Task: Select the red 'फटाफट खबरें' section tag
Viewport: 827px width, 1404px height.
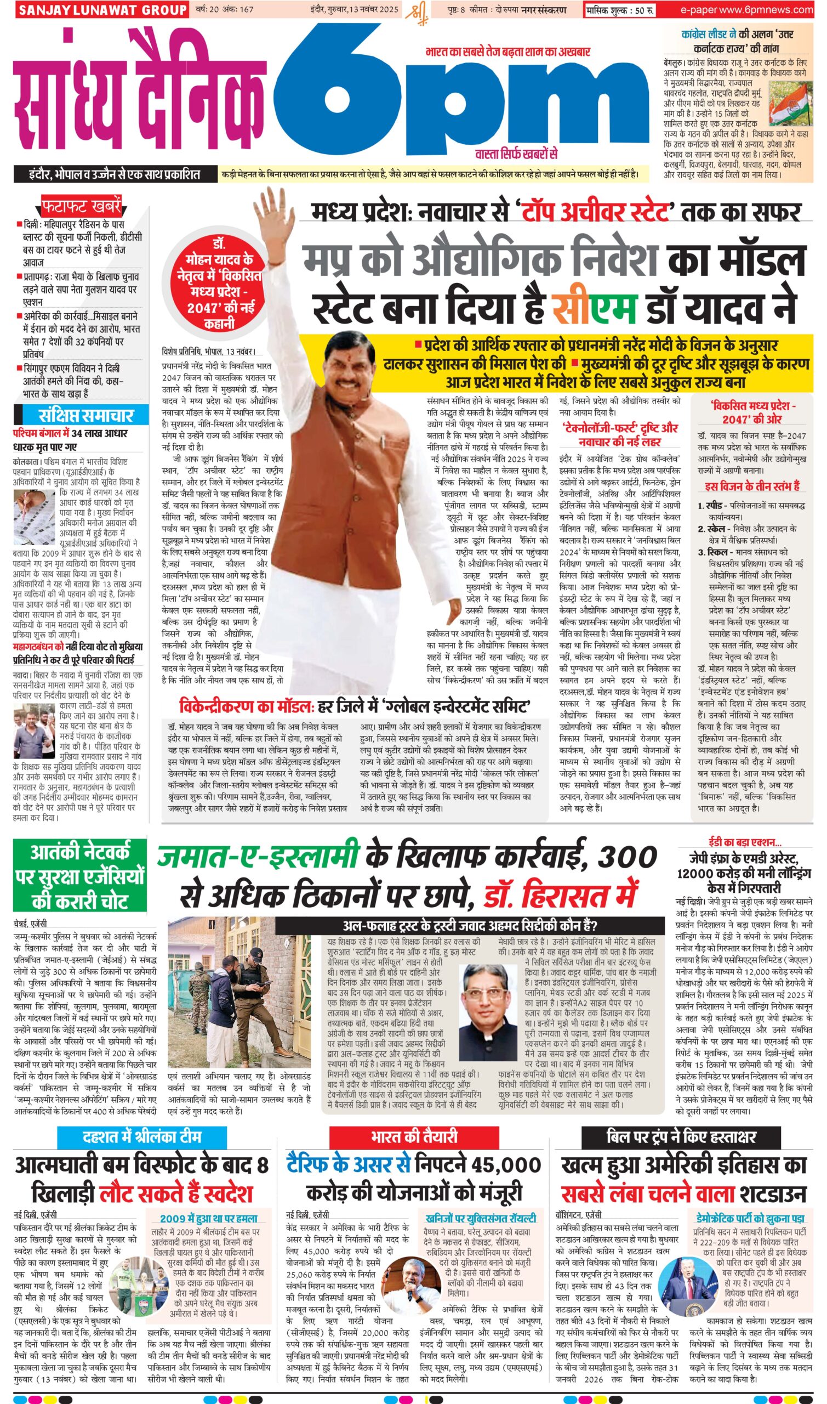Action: pyautogui.click(x=81, y=207)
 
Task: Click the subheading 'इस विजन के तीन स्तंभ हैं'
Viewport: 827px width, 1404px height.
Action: pyautogui.click(x=751, y=486)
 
